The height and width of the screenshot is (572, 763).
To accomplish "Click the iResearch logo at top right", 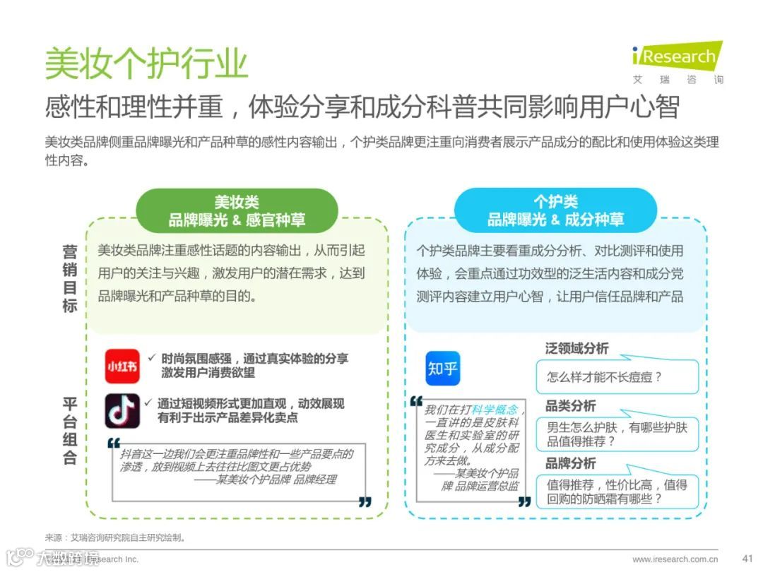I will [x=677, y=61].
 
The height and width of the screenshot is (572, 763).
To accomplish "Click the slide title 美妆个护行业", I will [x=146, y=63].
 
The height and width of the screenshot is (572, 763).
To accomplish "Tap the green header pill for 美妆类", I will [x=237, y=210].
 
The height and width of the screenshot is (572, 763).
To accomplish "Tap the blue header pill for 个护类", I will [x=555, y=210].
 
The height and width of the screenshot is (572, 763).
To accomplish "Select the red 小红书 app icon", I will [x=122, y=367].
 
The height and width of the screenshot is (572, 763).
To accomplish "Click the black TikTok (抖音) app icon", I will [x=122, y=410].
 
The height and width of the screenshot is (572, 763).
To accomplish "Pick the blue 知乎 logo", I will [x=443, y=369].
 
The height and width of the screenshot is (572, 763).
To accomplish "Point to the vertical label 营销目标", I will [x=69, y=278].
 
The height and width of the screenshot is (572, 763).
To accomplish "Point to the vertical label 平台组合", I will [x=69, y=431].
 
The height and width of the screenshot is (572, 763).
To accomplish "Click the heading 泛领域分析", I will [x=576, y=348].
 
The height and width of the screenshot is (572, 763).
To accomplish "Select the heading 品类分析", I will [x=570, y=406].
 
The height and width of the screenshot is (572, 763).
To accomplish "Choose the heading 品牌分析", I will [x=570, y=463].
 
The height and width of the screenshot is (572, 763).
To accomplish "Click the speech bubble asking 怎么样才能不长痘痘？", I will [x=616, y=377].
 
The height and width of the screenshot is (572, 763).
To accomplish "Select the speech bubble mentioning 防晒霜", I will [x=616, y=491].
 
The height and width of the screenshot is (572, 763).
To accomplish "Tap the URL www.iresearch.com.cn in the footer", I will [x=675, y=559].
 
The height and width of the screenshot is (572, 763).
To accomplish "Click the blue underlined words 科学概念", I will [x=495, y=410].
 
